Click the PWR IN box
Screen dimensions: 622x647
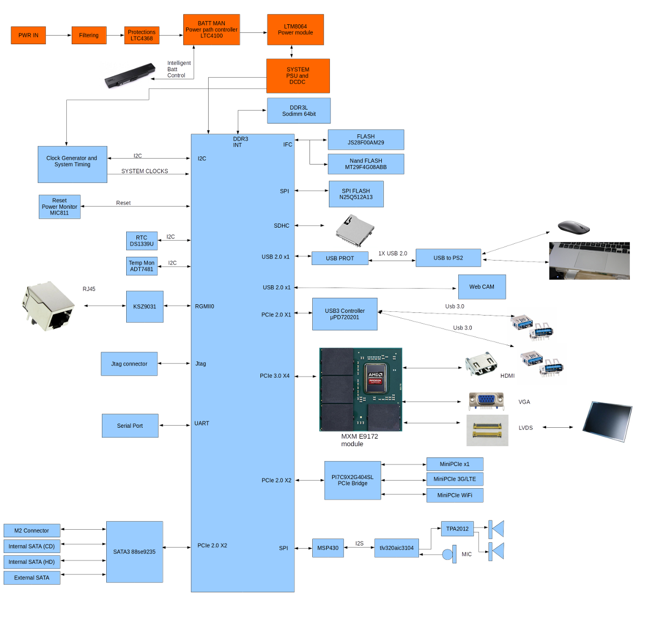pyautogui.click(x=28, y=35)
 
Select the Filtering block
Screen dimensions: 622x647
pyautogui.click(x=88, y=35)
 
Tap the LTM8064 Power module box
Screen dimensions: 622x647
pyautogui.click(x=295, y=30)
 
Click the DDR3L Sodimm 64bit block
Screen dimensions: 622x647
pyautogui.click(x=299, y=111)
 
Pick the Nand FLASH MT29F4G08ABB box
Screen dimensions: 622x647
pyautogui.click(x=366, y=164)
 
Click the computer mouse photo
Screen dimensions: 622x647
pyautogui.click(x=573, y=225)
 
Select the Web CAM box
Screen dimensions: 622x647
pyautogui.click(x=481, y=287)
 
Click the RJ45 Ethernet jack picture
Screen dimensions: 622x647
pyautogui.click(x=47, y=306)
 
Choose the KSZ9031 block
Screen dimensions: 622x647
pyautogui.click(x=144, y=306)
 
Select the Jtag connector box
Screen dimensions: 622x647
pyautogui.click(x=129, y=364)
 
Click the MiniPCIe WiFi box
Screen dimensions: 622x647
pyautogui.click(x=455, y=495)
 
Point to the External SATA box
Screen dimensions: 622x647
pyautogui.click(x=31, y=578)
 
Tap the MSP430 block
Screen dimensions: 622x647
pyautogui.click(x=328, y=548)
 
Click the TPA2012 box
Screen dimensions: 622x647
pyautogui.click(x=457, y=529)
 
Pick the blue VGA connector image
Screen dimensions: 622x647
pyautogui.click(x=486, y=401)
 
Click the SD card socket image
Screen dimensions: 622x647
pyautogui.click(x=355, y=229)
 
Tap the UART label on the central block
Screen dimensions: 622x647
pyautogui.click(x=202, y=423)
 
